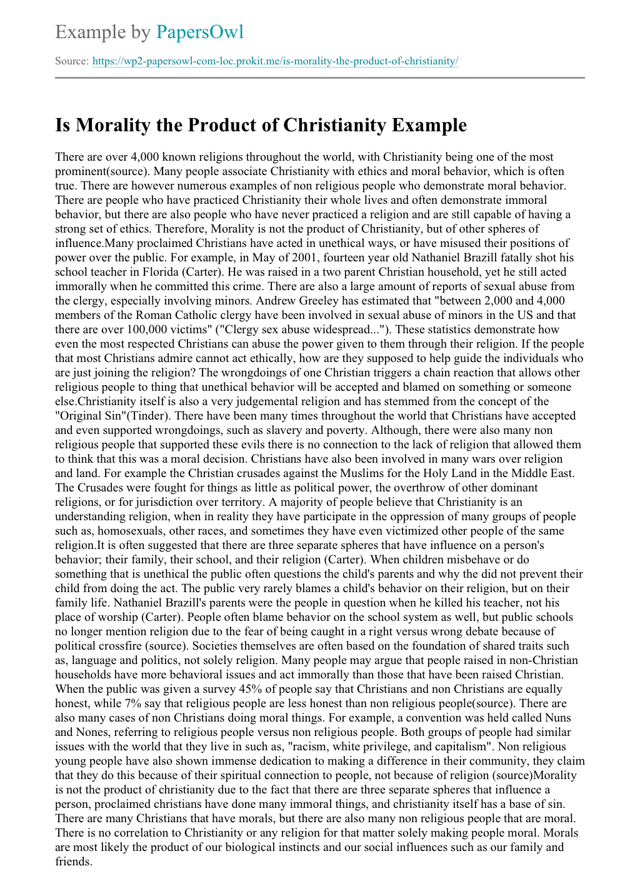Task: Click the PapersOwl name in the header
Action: tap(200, 32)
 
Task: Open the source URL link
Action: tap(275, 61)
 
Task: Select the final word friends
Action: tap(72, 862)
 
